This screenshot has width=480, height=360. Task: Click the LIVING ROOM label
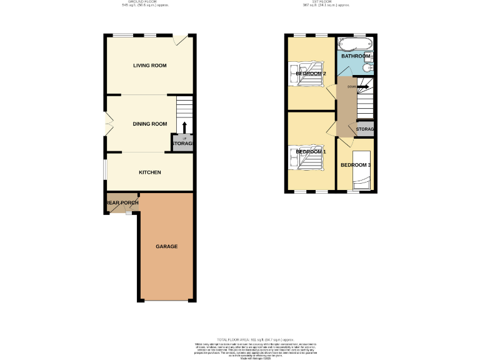point(149,66)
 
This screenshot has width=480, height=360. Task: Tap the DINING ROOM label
point(149,124)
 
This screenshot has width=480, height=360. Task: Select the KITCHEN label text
point(149,172)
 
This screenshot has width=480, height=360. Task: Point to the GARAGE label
point(166,247)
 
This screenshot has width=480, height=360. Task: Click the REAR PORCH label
point(122,203)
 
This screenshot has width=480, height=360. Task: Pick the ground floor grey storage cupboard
point(182,144)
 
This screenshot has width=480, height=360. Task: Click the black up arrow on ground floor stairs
point(184,127)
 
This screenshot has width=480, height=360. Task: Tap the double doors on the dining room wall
point(107,123)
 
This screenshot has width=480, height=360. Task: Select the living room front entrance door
point(181,40)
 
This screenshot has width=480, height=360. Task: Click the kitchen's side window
point(105,169)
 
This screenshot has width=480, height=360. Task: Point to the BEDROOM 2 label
point(311,74)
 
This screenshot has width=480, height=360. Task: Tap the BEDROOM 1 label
point(311,152)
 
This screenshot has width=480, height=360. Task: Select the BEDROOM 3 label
point(356,165)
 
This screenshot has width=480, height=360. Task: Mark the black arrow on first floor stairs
point(363,87)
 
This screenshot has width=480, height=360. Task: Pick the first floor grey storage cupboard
point(364,129)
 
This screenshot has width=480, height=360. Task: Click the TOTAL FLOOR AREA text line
point(255,339)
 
